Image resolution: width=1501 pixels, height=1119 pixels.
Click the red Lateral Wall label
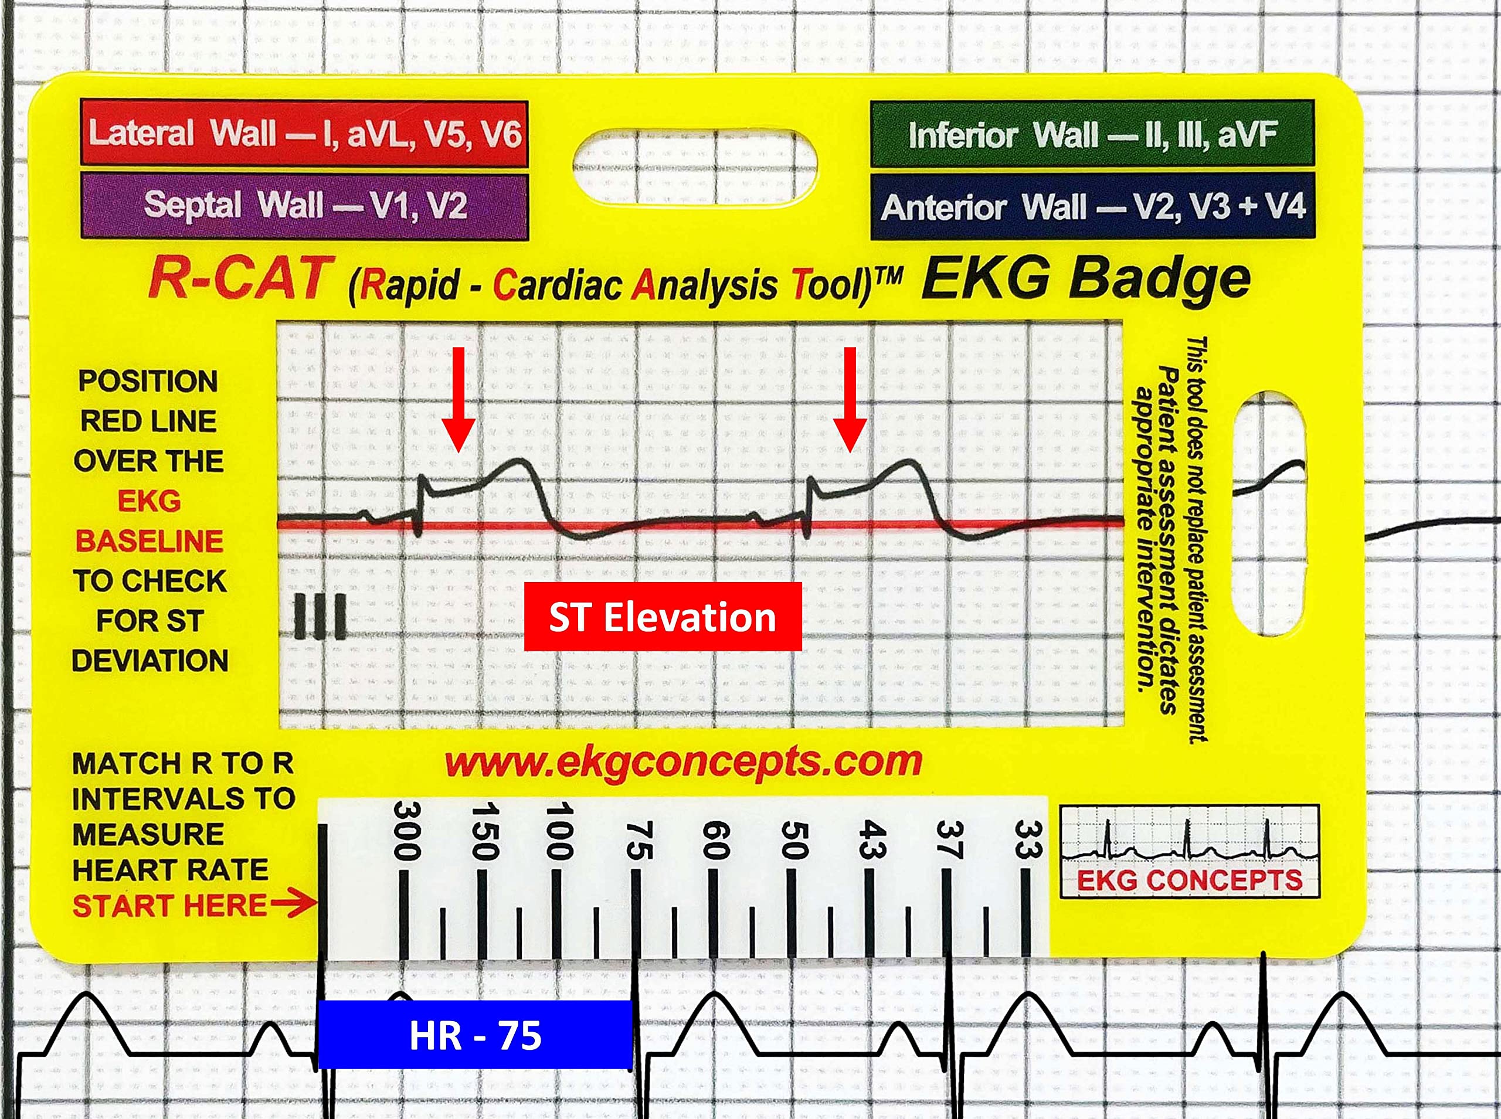(x=304, y=132)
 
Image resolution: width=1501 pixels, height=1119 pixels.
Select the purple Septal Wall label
(x=304, y=205)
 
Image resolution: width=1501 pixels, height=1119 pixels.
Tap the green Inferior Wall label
(x=1092, y=134)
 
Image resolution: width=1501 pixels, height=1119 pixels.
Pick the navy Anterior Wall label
(x=1092, y=206)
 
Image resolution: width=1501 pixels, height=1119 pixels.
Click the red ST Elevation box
(x=663, y=617)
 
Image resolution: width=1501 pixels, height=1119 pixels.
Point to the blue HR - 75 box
(x=475, y=1035)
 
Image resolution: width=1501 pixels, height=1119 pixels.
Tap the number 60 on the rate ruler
(x=715, y=840)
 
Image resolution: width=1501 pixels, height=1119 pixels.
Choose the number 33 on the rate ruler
(x=1027, y=840)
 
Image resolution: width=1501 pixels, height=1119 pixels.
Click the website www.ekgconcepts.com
(x=682, y=762)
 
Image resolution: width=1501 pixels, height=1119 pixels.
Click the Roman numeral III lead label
(x=320, y=617)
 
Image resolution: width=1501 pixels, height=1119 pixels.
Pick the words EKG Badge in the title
(x=1085, y=279)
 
